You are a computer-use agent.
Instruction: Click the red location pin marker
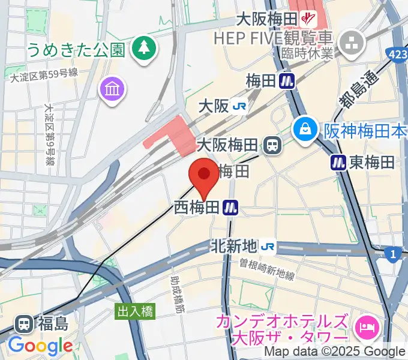[203, 175]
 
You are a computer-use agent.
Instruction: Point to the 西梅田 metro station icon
[230, 208]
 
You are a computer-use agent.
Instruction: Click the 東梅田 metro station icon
[338, 161]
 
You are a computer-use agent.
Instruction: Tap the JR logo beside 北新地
[269, 246]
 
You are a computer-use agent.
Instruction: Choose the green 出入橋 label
[135, 311]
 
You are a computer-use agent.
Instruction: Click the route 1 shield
[393, 254]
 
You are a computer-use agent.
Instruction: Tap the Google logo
[40, 346]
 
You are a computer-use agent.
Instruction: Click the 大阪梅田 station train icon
[273, 145]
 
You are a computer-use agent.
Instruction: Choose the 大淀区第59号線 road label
[44, 74]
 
